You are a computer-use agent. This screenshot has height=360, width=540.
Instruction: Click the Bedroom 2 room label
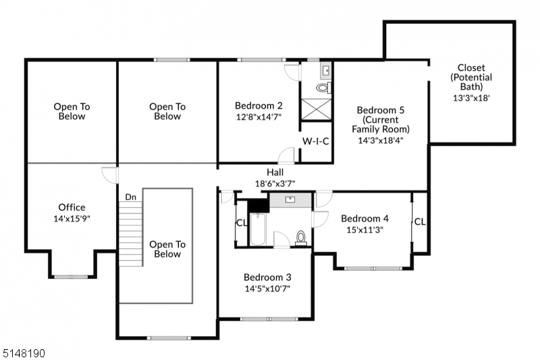tap(259, 105)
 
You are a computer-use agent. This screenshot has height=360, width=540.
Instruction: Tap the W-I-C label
tap(315, 141)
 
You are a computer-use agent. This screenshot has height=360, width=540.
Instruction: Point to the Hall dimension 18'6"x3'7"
tap(275, 183)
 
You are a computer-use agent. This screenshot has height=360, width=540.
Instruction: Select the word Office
tap(72, 207)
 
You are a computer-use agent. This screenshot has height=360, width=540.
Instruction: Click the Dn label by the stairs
tap(130, 197)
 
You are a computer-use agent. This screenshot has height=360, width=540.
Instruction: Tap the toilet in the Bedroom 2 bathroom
tap(322, 88)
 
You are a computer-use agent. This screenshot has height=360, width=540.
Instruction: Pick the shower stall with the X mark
tap(316, 109)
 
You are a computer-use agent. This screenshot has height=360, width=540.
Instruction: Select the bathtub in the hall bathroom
tap(258, 229)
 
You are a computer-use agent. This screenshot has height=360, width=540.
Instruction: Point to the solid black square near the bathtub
tap(258, 205)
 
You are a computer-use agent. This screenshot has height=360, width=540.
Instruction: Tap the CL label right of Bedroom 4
tap(420, 222)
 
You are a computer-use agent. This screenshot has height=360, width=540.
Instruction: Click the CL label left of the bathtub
tap(241, 223)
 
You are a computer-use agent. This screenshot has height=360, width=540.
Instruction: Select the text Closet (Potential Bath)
tap(471, 77)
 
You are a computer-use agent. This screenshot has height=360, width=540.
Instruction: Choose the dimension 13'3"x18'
tap(471, 97)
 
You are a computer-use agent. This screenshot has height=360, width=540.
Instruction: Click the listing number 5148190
tap(23, 352)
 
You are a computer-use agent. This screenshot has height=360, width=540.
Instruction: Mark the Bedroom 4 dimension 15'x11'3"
tap(364, 229)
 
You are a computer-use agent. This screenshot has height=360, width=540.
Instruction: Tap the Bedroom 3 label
tap(267, 277)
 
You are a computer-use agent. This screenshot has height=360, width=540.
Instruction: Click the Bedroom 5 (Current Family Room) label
tap(381, 119)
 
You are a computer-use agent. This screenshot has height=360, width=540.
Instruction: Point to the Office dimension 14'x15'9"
tap(72, 218)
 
